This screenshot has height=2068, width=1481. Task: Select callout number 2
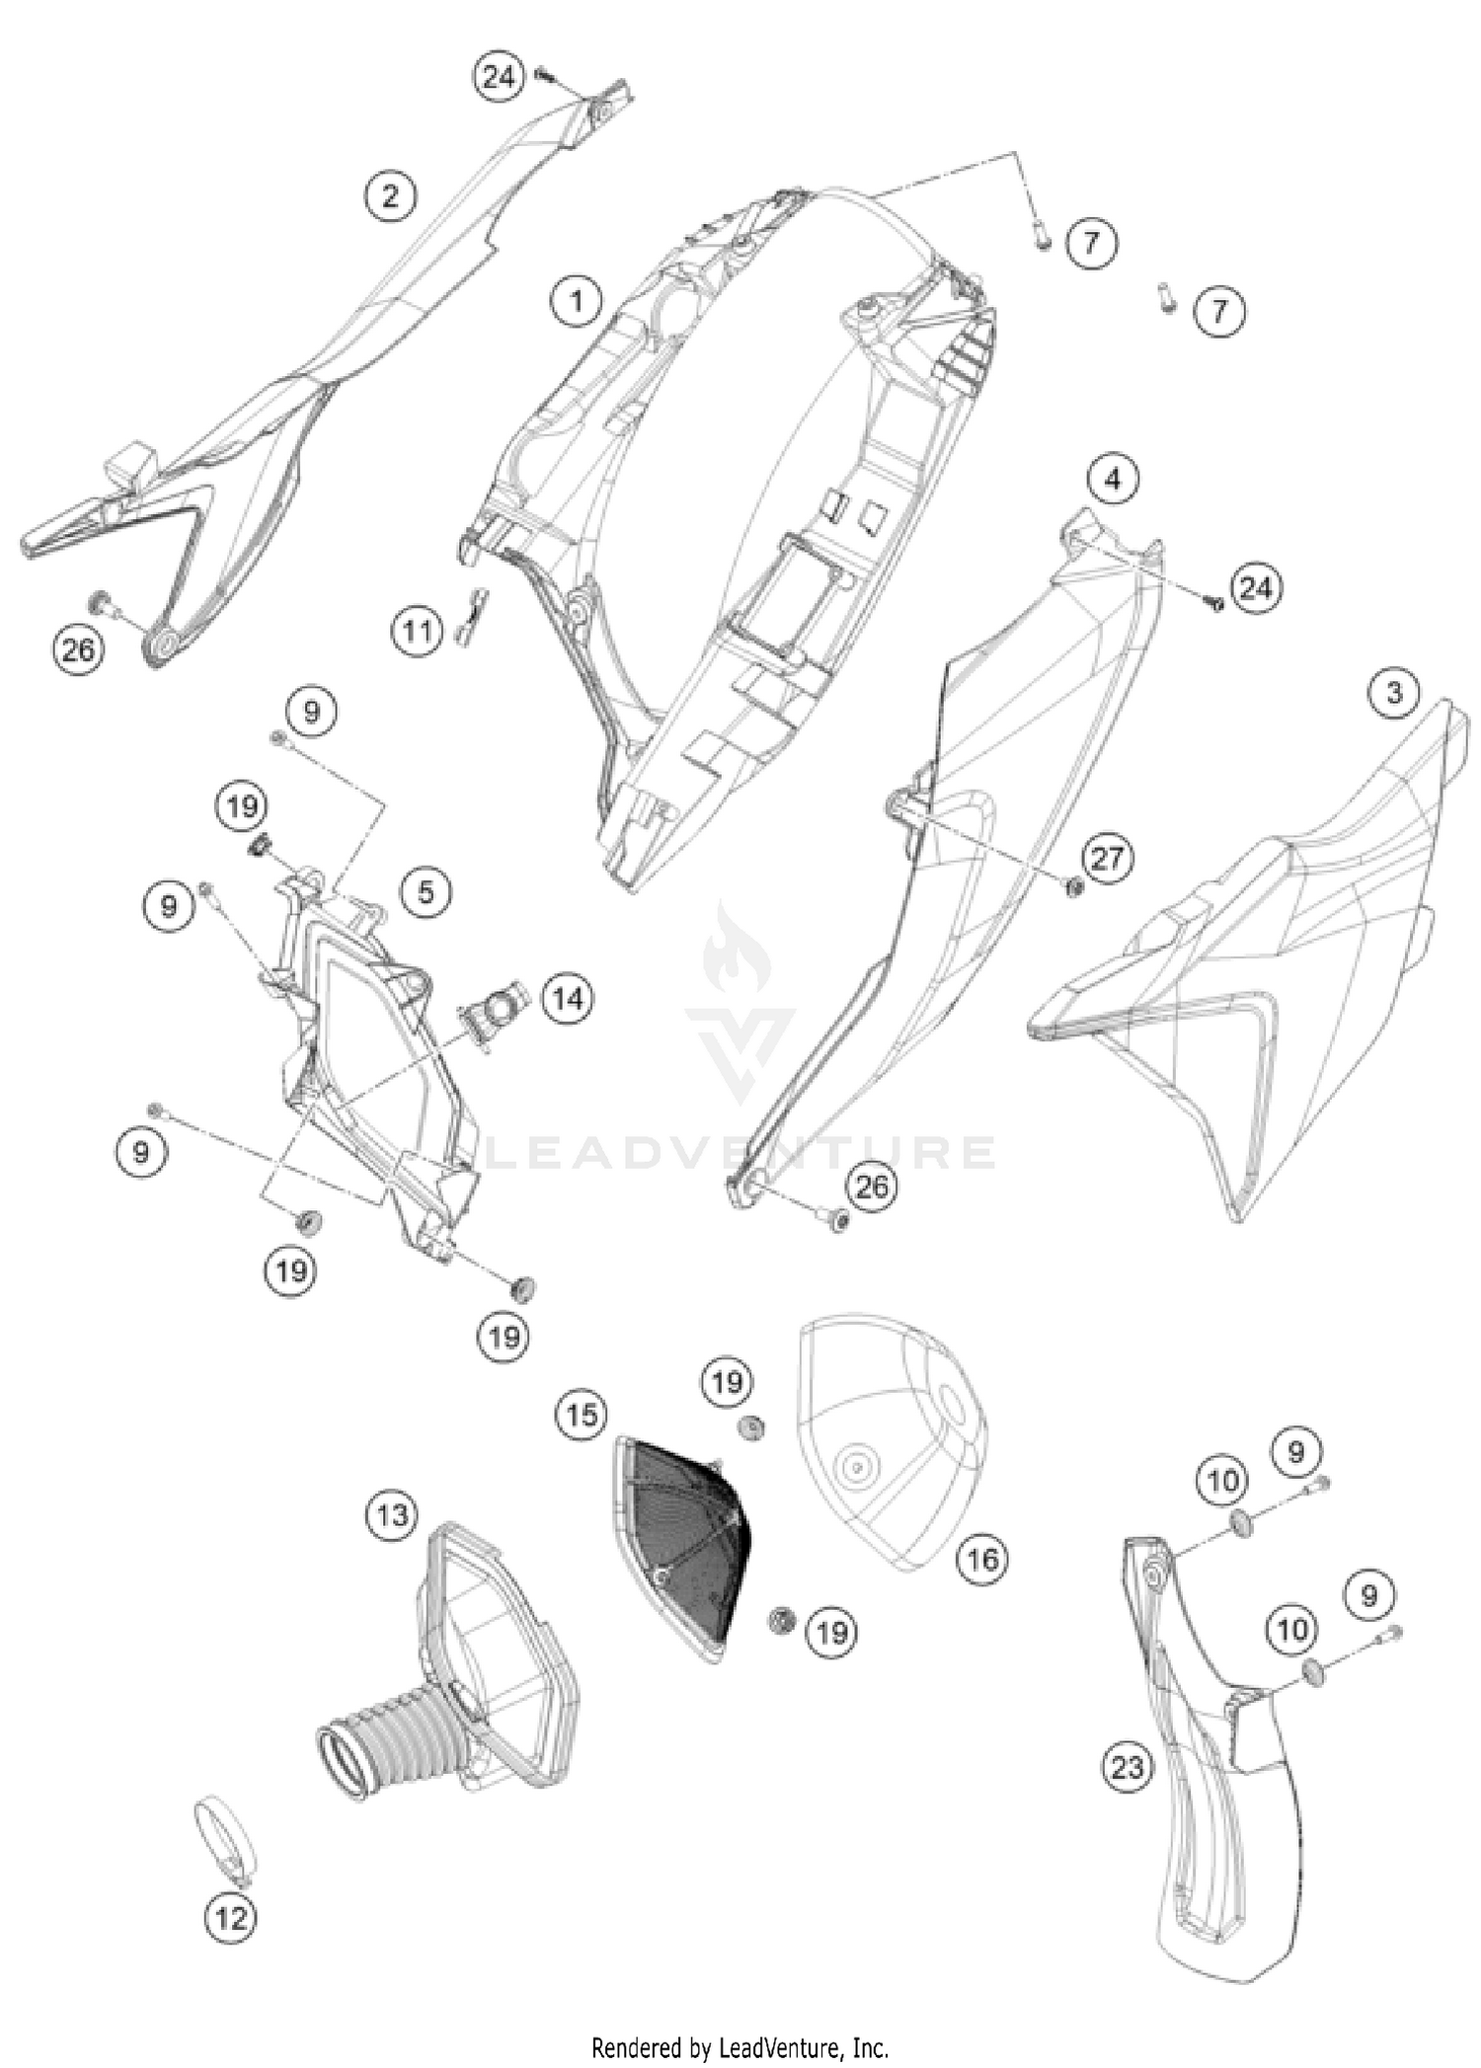point(392,194)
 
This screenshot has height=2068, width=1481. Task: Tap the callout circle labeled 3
point(1393,692)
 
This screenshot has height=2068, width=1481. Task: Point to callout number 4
point(1113,479)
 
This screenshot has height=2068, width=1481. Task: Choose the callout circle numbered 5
point(426,892)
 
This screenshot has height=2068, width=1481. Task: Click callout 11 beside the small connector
point(418,629)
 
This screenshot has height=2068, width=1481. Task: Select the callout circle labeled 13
point(392,1513)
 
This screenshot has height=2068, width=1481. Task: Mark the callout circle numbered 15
point(582,1415)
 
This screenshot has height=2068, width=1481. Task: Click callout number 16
point(982,1558)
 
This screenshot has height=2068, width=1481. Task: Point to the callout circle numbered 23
point(1127,1766)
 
